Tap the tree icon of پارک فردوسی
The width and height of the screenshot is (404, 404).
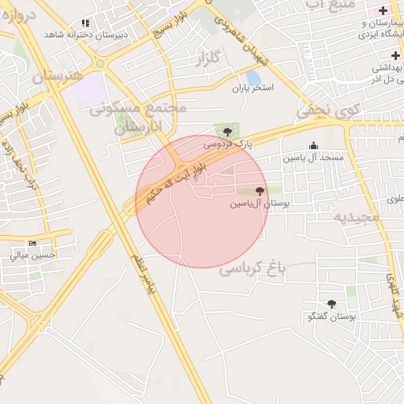(x=227, y=131)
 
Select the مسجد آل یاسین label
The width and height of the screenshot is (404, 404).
(x=314, y=158)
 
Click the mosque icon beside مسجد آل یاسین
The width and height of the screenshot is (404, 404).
(x=314, y=145)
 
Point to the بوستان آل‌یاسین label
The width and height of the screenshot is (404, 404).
(x=260, y=204)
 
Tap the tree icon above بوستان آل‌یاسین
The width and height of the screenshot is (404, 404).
(x=260, y=191)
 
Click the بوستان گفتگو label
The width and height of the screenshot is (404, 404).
(x=331, y=316)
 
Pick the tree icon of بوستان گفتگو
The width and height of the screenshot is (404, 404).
(x=331, y=304)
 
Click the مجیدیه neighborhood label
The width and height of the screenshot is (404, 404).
(x=351, y=216)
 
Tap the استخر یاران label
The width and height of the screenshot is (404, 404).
(x=252, y=88)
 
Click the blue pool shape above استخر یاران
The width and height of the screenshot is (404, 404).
(x=253, y=77)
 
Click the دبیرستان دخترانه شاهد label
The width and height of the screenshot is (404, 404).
(x=86, y=35)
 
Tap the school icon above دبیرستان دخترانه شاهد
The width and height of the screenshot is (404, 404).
(x=86, y=23)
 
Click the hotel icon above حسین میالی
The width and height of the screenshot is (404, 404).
(x=32, y=244)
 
